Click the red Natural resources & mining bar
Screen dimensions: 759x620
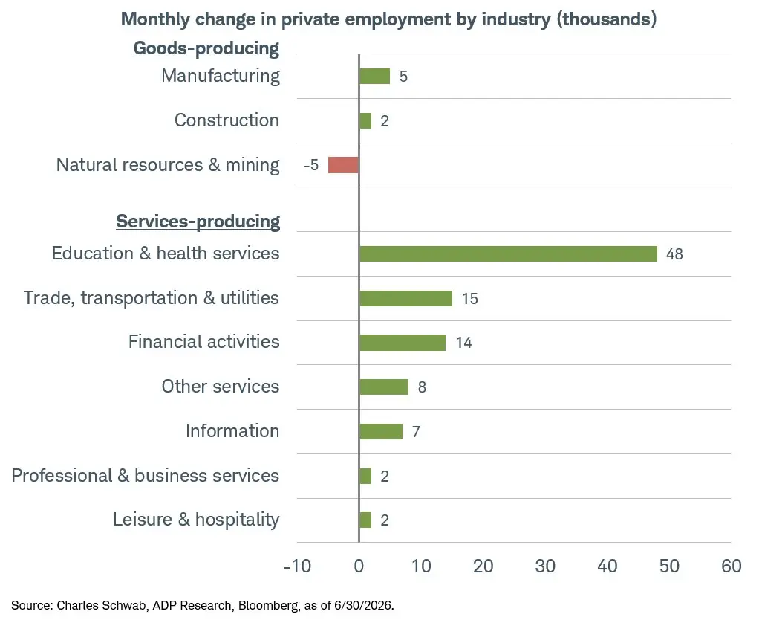[x=343, y=165]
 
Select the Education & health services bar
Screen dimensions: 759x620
[x=508, y=254]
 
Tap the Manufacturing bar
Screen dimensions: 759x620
[x=374, y=76]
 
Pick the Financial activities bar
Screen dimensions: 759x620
[x=403, y=343]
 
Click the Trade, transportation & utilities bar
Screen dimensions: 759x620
[x=405, y=298]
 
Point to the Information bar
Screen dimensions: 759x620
[x=381, y=431]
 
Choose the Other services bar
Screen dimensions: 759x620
[x=384, y=387]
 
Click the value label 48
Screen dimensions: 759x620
[x=674, y=254]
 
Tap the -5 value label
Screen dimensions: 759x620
[x=311, y=165]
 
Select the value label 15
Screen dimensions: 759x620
[x=469, y=298]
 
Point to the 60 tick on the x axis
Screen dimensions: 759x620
[x=731, y=566]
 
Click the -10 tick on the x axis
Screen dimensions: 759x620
[x=297, y=566]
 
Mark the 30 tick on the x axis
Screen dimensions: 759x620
[x=545, y=566]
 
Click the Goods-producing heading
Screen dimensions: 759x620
[x=206, y=48]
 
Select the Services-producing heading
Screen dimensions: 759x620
[x=198, y=222]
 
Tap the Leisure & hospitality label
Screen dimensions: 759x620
[x=196, y=519]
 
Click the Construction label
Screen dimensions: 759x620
[x=227, y=120]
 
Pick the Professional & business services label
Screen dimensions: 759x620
[x=146, y=475]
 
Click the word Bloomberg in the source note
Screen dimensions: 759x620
[x=269, y=605]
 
